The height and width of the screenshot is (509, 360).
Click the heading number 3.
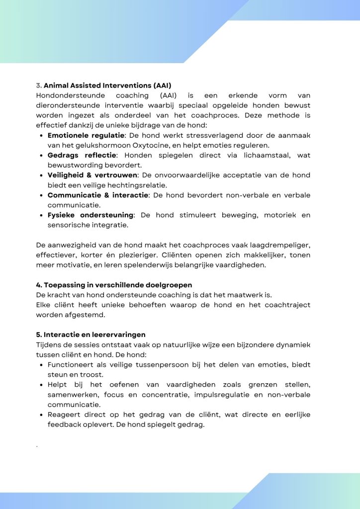[39, 85]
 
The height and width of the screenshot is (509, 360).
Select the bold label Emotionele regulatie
[86, 135]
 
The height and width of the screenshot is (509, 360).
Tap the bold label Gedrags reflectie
[82, 155]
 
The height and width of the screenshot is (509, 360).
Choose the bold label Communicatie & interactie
[97, 195]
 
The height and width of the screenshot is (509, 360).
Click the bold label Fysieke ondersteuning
[90, 215]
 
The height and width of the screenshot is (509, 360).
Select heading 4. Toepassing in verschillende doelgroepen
[114, 285]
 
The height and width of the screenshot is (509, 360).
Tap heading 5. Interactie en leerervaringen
[90, 335]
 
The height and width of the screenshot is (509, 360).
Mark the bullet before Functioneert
[41, 365]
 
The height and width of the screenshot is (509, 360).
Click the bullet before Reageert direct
[41, 415]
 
